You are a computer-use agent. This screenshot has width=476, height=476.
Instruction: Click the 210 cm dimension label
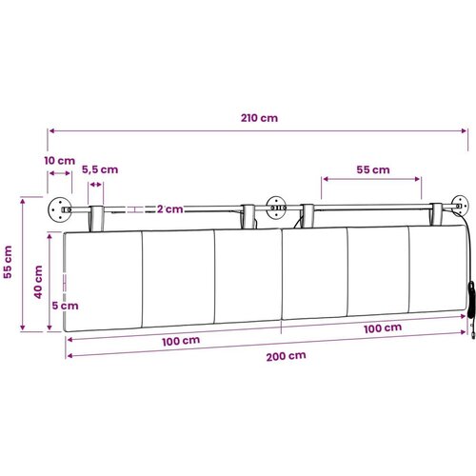point(259,118)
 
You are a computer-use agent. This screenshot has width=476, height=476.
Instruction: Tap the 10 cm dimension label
point(60,161)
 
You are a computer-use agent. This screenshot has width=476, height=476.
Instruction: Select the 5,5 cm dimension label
point(100,169)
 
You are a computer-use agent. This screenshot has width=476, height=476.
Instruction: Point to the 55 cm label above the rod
point(373,169)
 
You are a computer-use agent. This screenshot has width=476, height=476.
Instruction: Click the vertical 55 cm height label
point(8,262)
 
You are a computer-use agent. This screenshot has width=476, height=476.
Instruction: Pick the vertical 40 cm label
point(38,282)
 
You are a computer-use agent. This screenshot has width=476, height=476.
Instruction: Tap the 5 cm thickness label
point(65,306)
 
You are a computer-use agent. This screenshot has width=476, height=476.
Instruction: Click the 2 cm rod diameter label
point(170,209)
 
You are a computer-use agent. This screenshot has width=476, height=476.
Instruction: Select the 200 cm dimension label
point(287,356)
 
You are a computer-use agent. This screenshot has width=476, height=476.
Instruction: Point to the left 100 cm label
point(181,341)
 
